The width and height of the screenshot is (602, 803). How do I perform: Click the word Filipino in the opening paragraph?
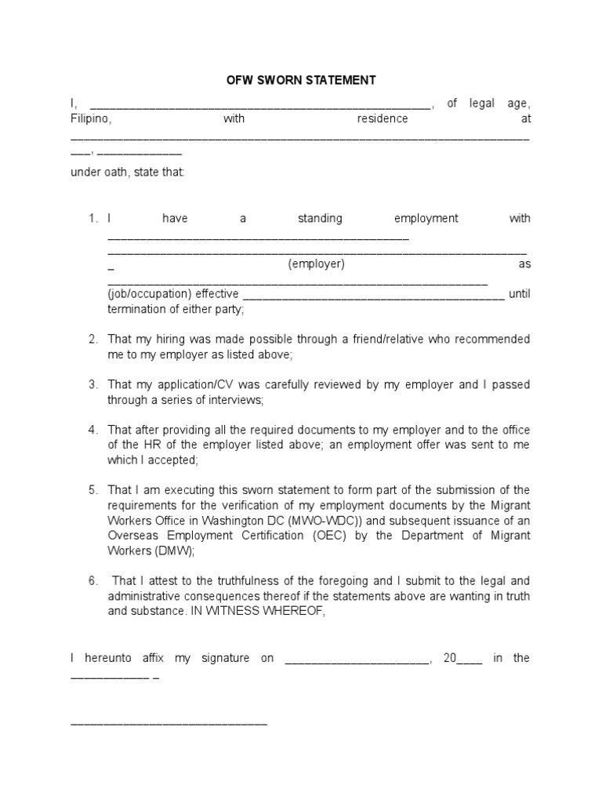(x=91, y=119)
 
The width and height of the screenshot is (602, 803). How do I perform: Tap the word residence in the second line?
(x=383, y=119)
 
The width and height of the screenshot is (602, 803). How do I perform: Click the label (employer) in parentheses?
(x=316, y=264)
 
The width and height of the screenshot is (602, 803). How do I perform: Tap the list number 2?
(x=92, y=340)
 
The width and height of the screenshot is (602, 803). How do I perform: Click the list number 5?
(x=92, y=490)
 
